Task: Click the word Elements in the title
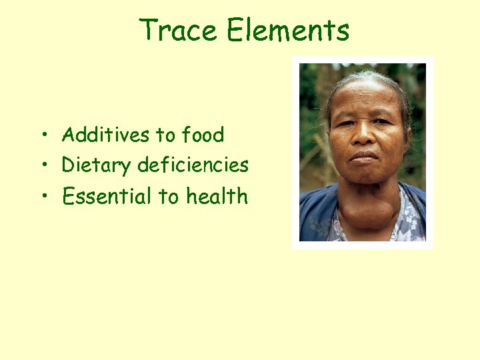[x=287, y=30]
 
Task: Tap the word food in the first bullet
[x=203, y=135]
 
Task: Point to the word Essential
[x=107, y=196]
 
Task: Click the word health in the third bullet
[x=217, y=196]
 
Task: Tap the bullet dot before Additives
[x=43, y=136]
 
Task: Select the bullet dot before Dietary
[x=43, y=165]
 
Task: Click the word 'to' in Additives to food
[x=165, y=135]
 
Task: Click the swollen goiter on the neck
[x=364, y=210]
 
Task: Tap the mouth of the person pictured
[x=364, y=157]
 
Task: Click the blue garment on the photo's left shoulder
[x=315, y=213]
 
